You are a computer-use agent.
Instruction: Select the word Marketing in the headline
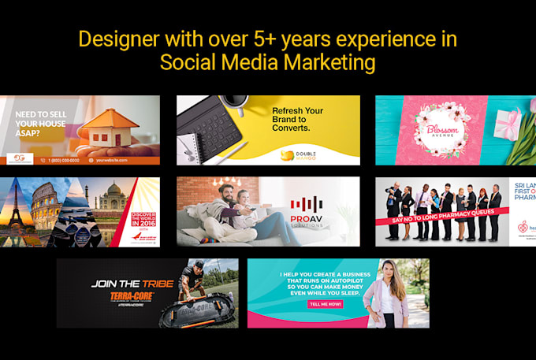click(332, 63)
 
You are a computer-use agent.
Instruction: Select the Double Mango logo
click(304, 155)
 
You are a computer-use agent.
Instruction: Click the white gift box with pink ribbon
click(504, 126)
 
